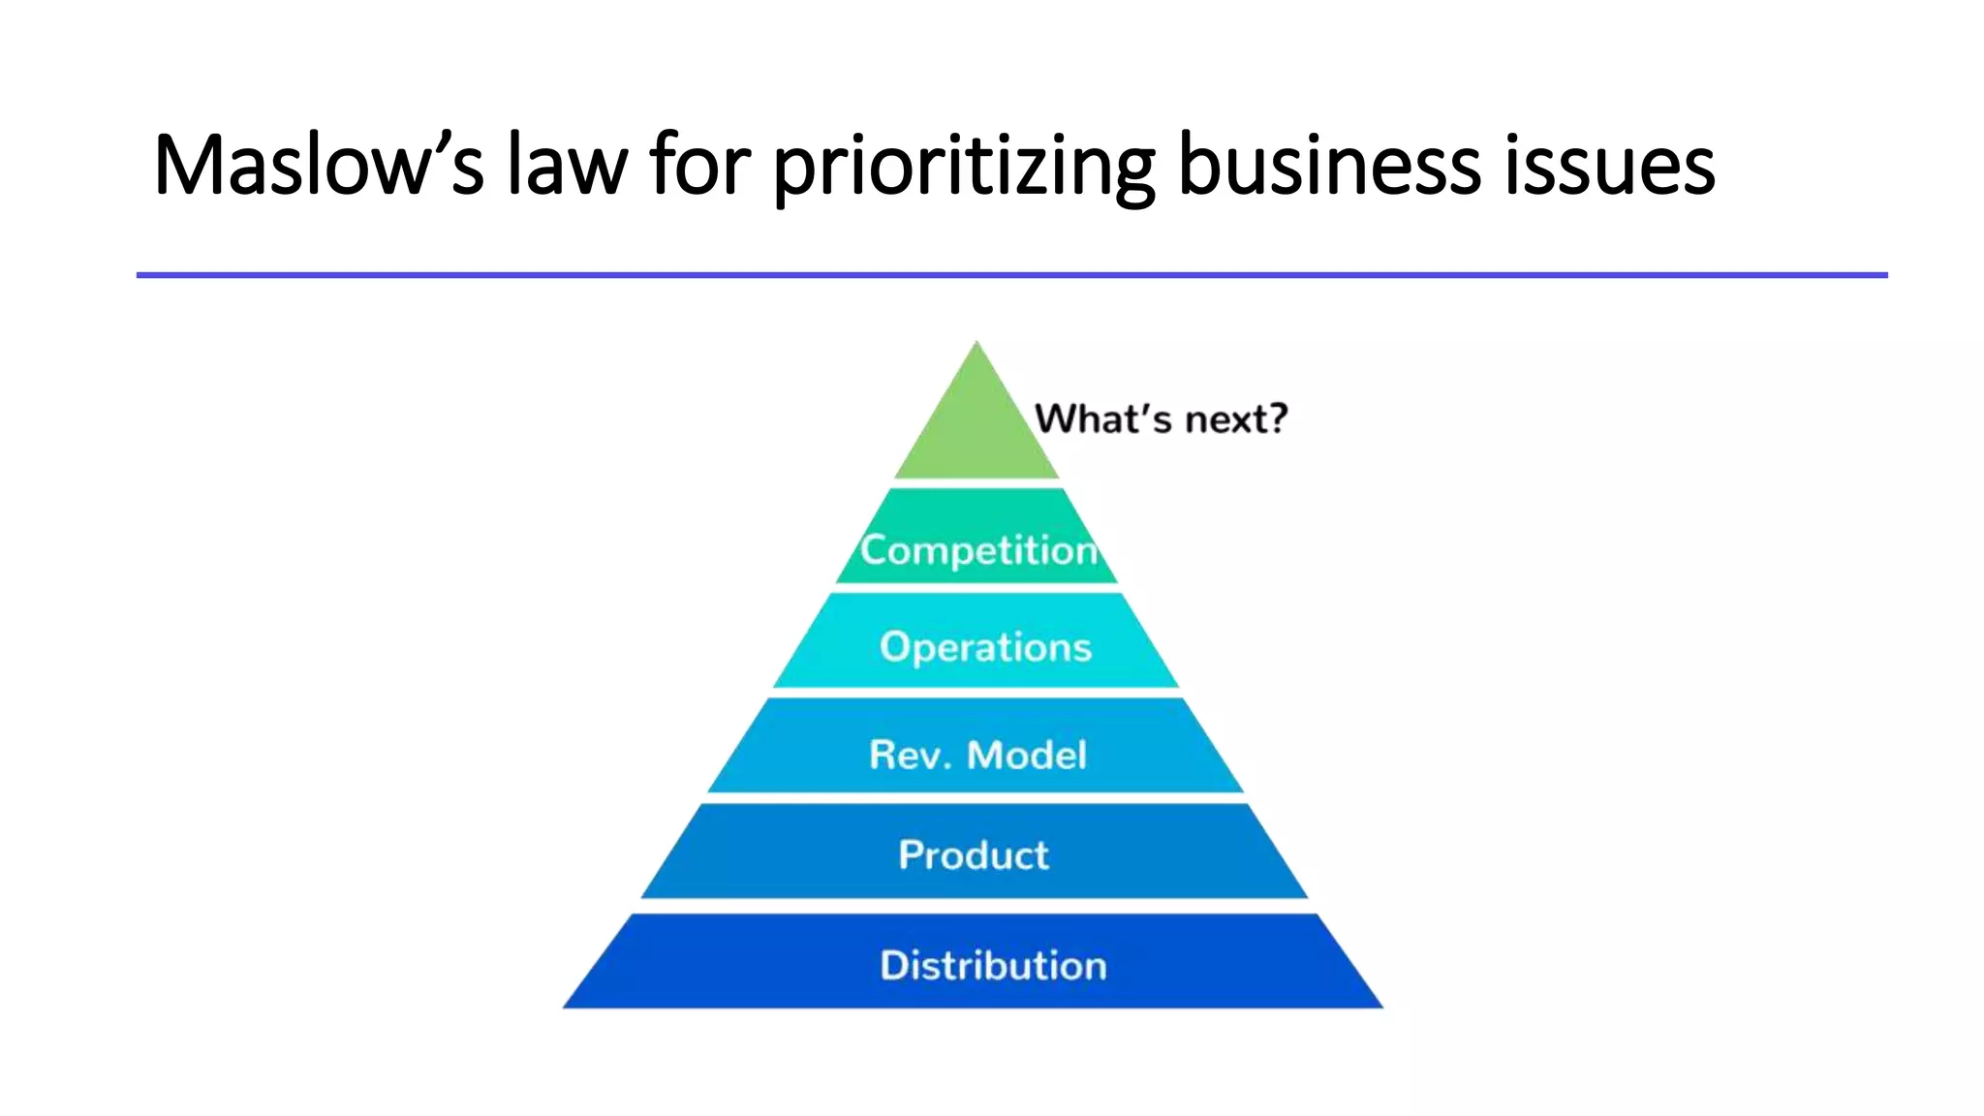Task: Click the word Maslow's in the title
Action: click(x=318, y=165)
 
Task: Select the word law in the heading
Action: click(x=568, y=165)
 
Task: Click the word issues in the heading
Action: click(x=1610, y=165)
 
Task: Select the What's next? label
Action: click(x=1161, y=418)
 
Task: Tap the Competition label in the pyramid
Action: click(x=978, y=550)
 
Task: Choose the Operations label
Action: click(x=985, y=647)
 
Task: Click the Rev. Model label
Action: click(x=977, y=755)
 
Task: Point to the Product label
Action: click(x=974, y=855)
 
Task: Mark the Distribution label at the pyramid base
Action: click(x=993, y=966)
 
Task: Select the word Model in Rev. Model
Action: click(x=1027, y=755)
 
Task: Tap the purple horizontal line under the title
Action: click(x=1011, y=275)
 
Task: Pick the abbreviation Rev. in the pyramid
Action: click(x=909, y=755)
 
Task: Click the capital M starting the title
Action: click(x=188, y=165)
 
